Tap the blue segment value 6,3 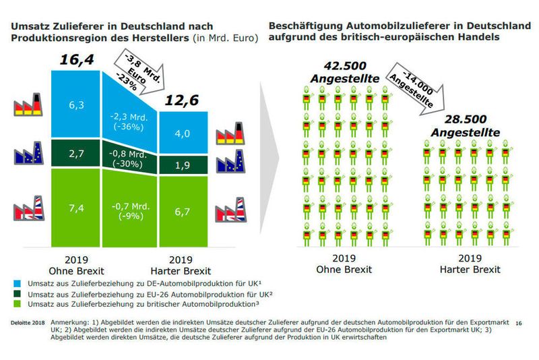(x=76, y=104)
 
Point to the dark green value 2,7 (x=76, y=154)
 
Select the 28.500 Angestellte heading (x=462, y=126)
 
